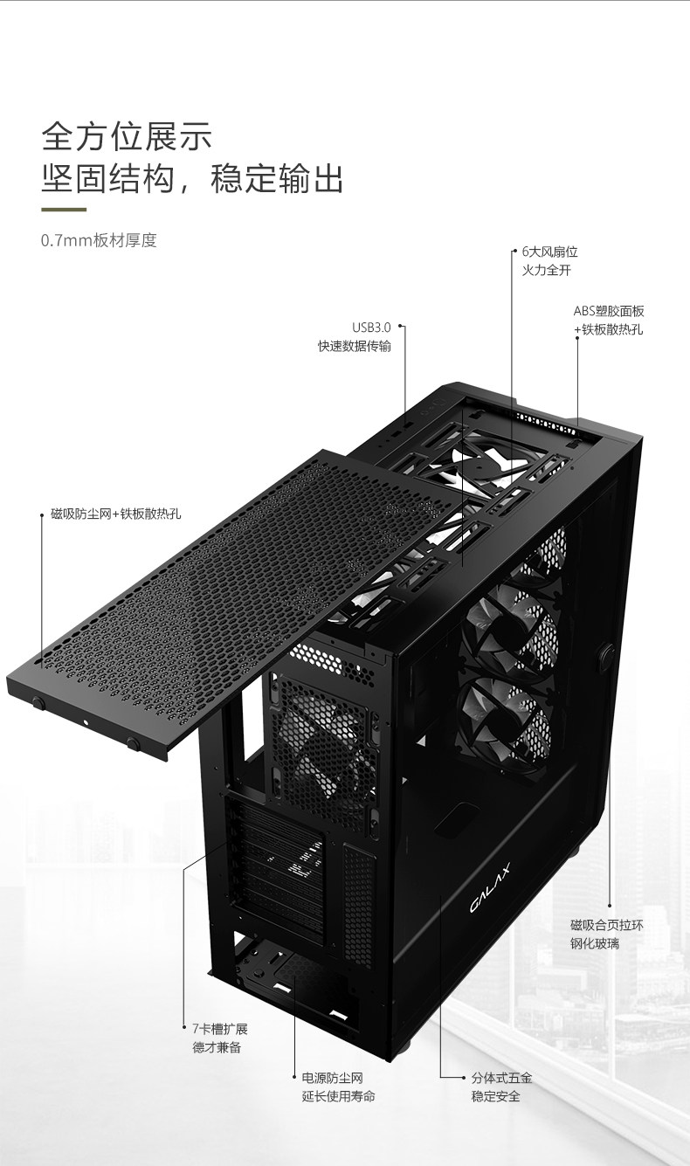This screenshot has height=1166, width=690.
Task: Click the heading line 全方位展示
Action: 128,137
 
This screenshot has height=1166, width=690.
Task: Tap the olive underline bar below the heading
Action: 64,210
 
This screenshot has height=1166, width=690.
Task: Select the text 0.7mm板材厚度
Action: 99,240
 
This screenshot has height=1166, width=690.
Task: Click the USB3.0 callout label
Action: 371,328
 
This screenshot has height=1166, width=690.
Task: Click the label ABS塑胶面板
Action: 609,311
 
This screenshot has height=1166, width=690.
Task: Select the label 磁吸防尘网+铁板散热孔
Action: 116,514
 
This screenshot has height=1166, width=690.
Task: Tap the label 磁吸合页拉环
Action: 606,924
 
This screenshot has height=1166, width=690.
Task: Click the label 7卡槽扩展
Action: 220,1028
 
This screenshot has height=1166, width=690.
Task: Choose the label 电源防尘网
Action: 332,1078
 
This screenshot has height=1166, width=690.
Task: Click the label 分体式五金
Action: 501,1078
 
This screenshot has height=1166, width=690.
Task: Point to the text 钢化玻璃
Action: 595,943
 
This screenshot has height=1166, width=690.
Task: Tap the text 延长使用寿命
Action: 339,1096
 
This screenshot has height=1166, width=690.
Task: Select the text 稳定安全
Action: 495,1096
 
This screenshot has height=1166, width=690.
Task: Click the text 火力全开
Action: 546,270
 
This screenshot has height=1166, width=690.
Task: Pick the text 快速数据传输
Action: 354,346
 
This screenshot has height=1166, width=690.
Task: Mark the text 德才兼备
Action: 217,1047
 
